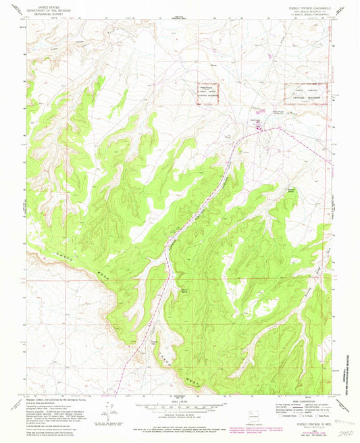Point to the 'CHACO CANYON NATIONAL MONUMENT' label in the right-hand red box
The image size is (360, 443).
coord(308,93)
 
